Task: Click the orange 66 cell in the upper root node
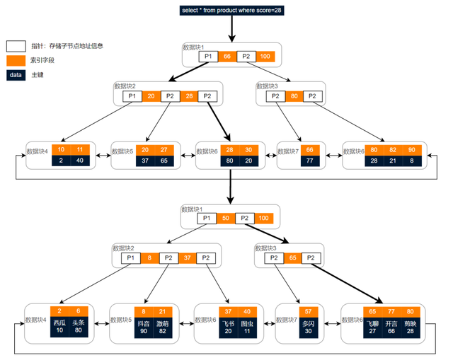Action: (227, 57)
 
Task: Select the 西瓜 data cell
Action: (59, 326)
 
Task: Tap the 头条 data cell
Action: (78, 326)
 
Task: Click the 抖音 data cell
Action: (144, 326)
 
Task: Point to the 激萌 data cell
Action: (163, 326)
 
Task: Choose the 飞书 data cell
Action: (229, 326)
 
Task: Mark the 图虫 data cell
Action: (247, 326)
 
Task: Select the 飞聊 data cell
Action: (372, 326)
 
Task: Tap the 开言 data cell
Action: (391, 326)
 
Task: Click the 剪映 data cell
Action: (411, 326)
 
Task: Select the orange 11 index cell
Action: (79, 150)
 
